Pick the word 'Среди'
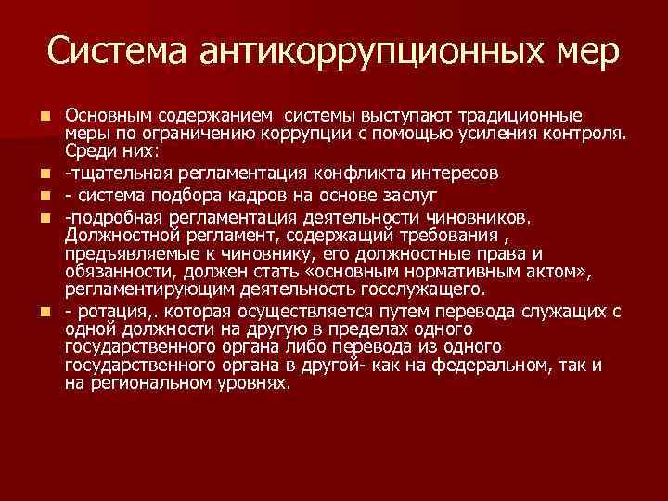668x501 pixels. [86, 149]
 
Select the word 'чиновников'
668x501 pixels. [481, 219]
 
